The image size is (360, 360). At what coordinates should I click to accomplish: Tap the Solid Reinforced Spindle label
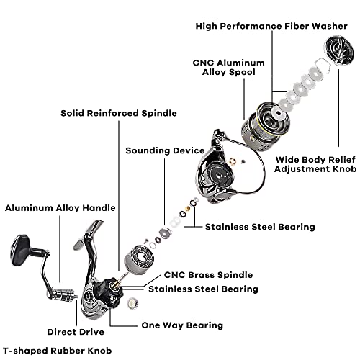(119, 113)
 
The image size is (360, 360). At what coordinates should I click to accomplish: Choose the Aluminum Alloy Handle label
(60, 208)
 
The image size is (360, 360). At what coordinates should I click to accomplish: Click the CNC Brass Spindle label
(209, 274)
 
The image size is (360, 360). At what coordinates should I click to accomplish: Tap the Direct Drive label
(78, 332)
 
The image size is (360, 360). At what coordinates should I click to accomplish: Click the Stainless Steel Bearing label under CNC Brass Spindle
(203, 289)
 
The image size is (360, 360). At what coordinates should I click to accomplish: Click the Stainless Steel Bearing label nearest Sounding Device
(260, 227)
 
